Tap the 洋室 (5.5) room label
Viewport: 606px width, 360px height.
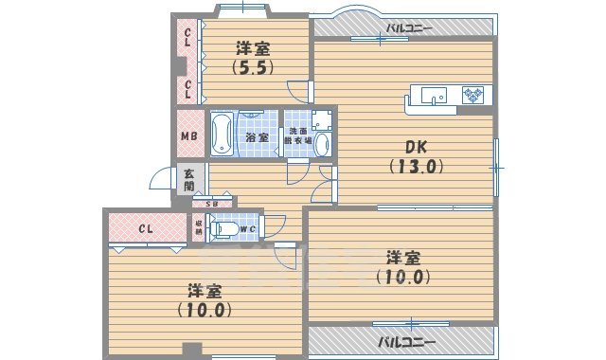tap(252, 56)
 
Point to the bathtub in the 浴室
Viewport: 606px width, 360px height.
tap(222, 134)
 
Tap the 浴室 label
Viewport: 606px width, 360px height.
tap(258, 137)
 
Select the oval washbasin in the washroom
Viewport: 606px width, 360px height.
tap(321, 145)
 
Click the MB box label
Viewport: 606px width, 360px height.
tap(189, 135)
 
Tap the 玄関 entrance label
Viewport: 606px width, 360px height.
tap(189, 179)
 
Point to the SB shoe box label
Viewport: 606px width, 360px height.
tap(212, 204)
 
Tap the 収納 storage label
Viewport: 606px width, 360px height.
tap(199, 226)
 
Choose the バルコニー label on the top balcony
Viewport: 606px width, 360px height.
tap(408, 27)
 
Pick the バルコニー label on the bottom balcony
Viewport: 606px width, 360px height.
tap(406, 340)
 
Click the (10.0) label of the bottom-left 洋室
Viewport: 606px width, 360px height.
tap(205, 309)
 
